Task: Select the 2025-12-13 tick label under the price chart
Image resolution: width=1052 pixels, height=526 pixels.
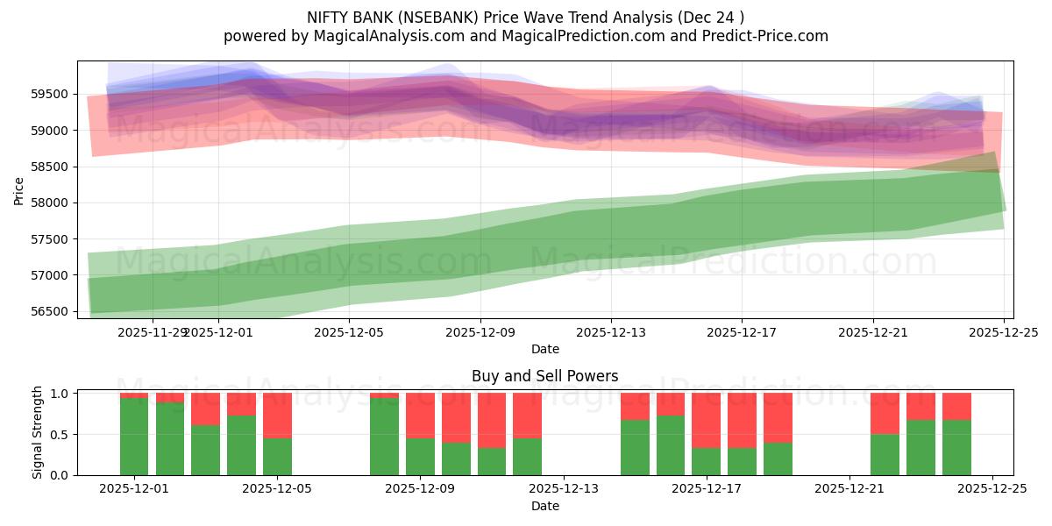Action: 611,332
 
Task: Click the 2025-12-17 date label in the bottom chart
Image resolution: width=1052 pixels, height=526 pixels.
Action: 707,489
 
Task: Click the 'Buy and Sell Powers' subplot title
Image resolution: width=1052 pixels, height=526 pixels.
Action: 544,376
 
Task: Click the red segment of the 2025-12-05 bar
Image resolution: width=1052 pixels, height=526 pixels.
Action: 277,415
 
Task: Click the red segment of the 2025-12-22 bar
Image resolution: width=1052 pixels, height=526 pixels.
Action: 885,413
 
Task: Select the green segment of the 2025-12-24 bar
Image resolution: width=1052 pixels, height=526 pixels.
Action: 956,448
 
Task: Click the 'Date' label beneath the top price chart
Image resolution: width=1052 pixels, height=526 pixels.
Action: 544,349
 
